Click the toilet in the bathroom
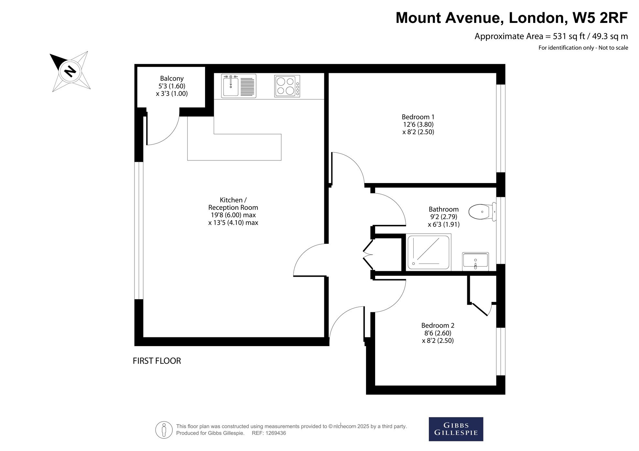(x=482, y=212)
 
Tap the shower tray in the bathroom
(x=428, y=252)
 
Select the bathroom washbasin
(x=475, y=261)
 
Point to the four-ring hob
(x=287, y=86)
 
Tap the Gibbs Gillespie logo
(x=456, y=429)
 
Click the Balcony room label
(x=172, y=78)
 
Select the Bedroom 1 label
(x=418, y=117)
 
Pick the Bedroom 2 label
(x=438, y=325)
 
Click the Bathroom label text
(x=444, y=209)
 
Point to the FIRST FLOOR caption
(x=157, y=361)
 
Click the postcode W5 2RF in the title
(x=600, y=18)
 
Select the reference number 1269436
(x=276, y=433)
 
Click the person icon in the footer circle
(x=164, y=430)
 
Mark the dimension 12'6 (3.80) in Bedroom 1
(x=418, y=124)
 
